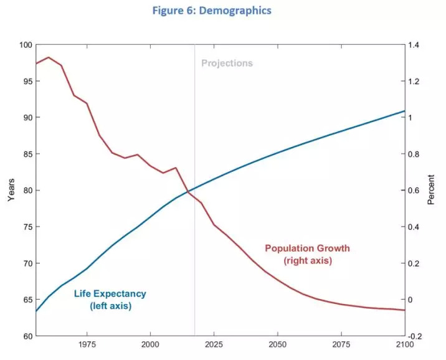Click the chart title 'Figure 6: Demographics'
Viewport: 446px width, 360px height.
(222, 11)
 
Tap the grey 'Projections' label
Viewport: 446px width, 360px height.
(227, 63)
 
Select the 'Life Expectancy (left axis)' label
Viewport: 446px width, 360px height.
(110, 300)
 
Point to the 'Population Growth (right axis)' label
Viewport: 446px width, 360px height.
(308, 254)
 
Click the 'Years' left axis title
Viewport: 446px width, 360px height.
(11, 190)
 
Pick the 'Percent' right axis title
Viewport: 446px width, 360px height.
(431, 190)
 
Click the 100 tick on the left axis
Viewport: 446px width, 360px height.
(25, 45)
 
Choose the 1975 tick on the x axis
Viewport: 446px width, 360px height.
(87, 344)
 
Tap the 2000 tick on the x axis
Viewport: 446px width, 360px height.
(150, 344)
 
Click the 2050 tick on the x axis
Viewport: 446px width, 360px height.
(277, 344)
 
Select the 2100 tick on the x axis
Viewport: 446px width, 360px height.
(404, 344)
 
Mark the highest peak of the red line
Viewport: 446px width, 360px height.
(49, 57)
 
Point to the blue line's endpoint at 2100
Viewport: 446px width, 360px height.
(404, 111)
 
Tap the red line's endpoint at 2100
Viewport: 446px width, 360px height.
(404, 310)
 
